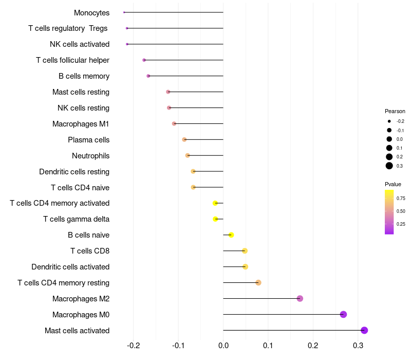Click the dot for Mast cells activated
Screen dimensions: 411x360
364,330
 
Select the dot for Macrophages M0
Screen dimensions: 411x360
343,314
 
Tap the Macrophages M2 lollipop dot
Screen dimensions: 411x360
300,298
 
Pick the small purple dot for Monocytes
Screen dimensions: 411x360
124,12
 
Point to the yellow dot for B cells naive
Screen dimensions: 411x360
231,235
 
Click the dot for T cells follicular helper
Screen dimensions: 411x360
144,60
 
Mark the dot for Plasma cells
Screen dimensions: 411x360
184,139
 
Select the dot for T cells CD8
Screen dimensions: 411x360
245,251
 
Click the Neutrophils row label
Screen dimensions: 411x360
91,156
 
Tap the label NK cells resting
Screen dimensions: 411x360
83,108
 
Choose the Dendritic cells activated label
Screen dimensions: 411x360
70,267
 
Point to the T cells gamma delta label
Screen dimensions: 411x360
76,219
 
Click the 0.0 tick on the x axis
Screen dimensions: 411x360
223,346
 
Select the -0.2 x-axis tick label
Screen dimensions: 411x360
133,346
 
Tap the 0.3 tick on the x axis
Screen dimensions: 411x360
358,346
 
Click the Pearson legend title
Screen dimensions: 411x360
395,111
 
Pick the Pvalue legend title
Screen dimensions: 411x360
393,184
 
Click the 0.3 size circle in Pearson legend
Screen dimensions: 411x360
389,166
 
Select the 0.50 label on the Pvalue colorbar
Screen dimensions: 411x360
401,211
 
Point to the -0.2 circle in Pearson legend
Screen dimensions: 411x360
389,121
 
